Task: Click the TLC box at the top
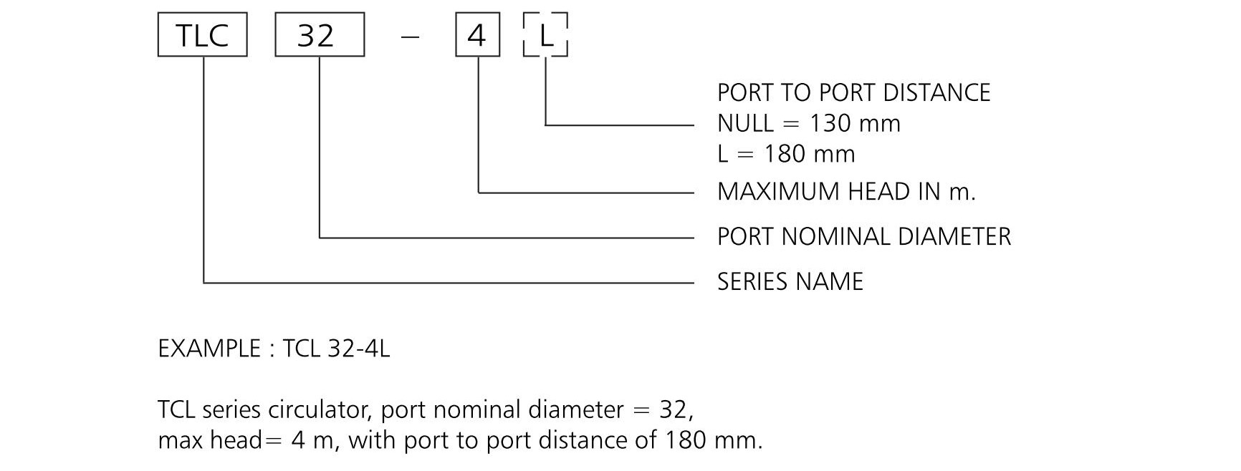[x=202, y=34]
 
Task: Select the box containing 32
[x=320, y=34]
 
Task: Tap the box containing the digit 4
[x=478, y=34]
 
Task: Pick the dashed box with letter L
[x=546, y=34]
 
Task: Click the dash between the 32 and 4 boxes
[x=410, y=35]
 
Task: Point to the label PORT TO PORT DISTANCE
[x=853, y=93]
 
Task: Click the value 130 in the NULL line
[x=833, y=124]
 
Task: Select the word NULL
[x=745, y=124]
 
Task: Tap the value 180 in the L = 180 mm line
[x=787, y=155]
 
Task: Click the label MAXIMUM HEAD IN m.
[x=846, y=192]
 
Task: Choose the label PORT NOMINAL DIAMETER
[x=863, y=237]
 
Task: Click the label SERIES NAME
[x=790, y=282]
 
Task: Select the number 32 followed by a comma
[x=676, y=410]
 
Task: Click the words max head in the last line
[x=211, y=440]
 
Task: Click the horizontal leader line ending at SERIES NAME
[x=449, y=283]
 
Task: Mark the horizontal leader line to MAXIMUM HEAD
[x=586, y=193]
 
